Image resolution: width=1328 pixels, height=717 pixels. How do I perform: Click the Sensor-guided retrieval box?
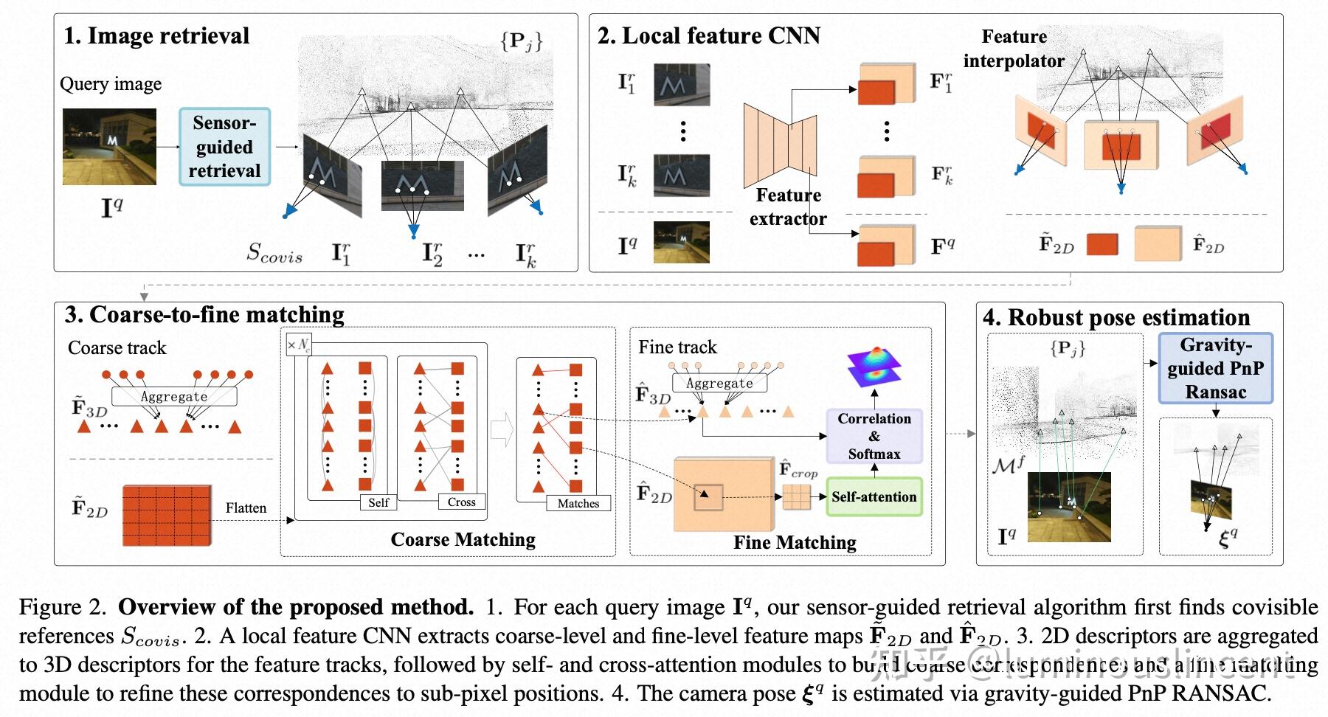[x=224, y=147]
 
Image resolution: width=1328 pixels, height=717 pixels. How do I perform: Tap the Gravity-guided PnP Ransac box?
[x=1215, y=368]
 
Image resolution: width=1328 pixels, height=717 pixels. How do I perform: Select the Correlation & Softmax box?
[x=874, y=436]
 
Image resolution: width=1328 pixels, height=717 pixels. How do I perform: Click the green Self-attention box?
[x=874, y=497]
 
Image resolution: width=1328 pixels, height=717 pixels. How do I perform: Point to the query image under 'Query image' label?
[x=109, y=147]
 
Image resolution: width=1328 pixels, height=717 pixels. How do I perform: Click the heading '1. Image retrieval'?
[x=156, y=35]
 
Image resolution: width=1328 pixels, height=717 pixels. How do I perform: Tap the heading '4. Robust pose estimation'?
[x=1116, y=318]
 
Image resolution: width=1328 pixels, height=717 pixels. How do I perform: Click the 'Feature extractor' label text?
[x=788, y=207]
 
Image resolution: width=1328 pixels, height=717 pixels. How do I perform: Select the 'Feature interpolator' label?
[x=1014, y=49]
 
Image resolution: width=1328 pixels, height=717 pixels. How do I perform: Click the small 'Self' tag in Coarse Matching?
[x=378, y=502]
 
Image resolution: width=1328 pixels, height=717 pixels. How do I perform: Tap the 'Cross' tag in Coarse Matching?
[x=461, y=502]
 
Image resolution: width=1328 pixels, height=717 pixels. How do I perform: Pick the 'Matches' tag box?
[x=578, y=503]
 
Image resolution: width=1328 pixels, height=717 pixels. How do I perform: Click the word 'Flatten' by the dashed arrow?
[x=246, y=508]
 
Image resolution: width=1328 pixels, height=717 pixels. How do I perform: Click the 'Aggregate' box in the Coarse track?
[x=174, y=396]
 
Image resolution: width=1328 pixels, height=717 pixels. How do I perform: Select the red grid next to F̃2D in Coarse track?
[x=167, y=515]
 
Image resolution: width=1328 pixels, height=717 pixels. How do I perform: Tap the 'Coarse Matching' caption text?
[x=463, y=539]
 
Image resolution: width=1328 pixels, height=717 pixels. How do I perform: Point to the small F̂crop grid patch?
[x=796, y=497]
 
